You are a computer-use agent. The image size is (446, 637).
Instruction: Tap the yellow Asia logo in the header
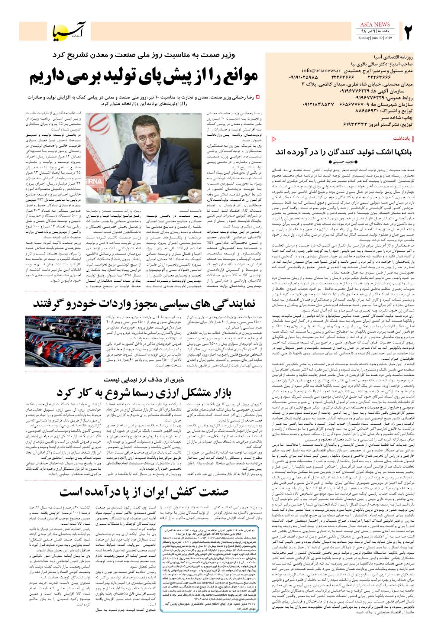click(70, 31)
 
